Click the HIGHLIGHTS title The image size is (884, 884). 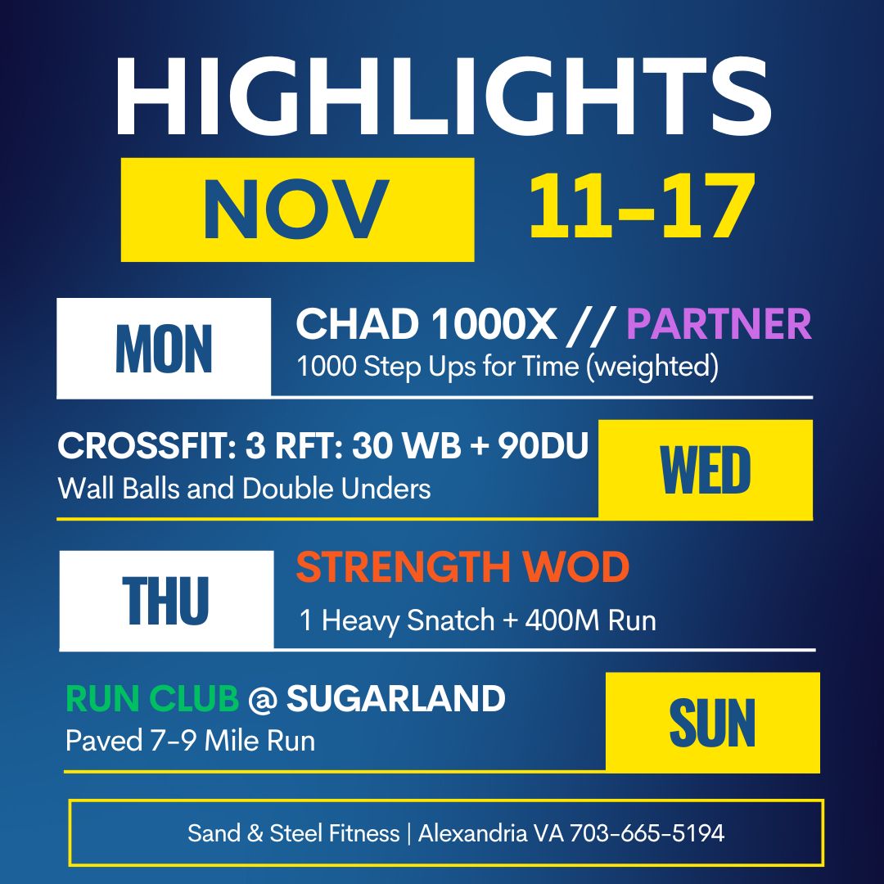[x=443, y=96]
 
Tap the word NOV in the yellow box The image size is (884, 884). [x=296, y=210]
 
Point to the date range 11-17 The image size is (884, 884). [x=643, y=205]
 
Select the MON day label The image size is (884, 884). [x=164, y=349]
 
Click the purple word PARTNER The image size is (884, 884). [x=719, y=324]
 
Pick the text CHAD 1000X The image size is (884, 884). [x=426, y=324]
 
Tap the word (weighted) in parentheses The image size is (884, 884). [x=652, y=367]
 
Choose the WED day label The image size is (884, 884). [x=706, y=470]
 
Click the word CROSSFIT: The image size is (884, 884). [x=147, y=446]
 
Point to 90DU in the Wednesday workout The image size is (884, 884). [x=543, y=446]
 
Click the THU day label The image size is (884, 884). [x=165, y=601]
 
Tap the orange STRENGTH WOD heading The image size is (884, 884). [x=462, y=567]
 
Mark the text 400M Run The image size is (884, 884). [x=590, y=620]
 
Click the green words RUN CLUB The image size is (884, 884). [x=152, y=698]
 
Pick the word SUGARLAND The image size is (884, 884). [x=396, y=698]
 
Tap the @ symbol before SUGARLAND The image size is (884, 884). [x=263, y=700]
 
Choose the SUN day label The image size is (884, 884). [x=712, y=723]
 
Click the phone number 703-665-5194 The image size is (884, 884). [x=647, y=833]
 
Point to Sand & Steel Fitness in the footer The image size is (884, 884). [x=293, y=833]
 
